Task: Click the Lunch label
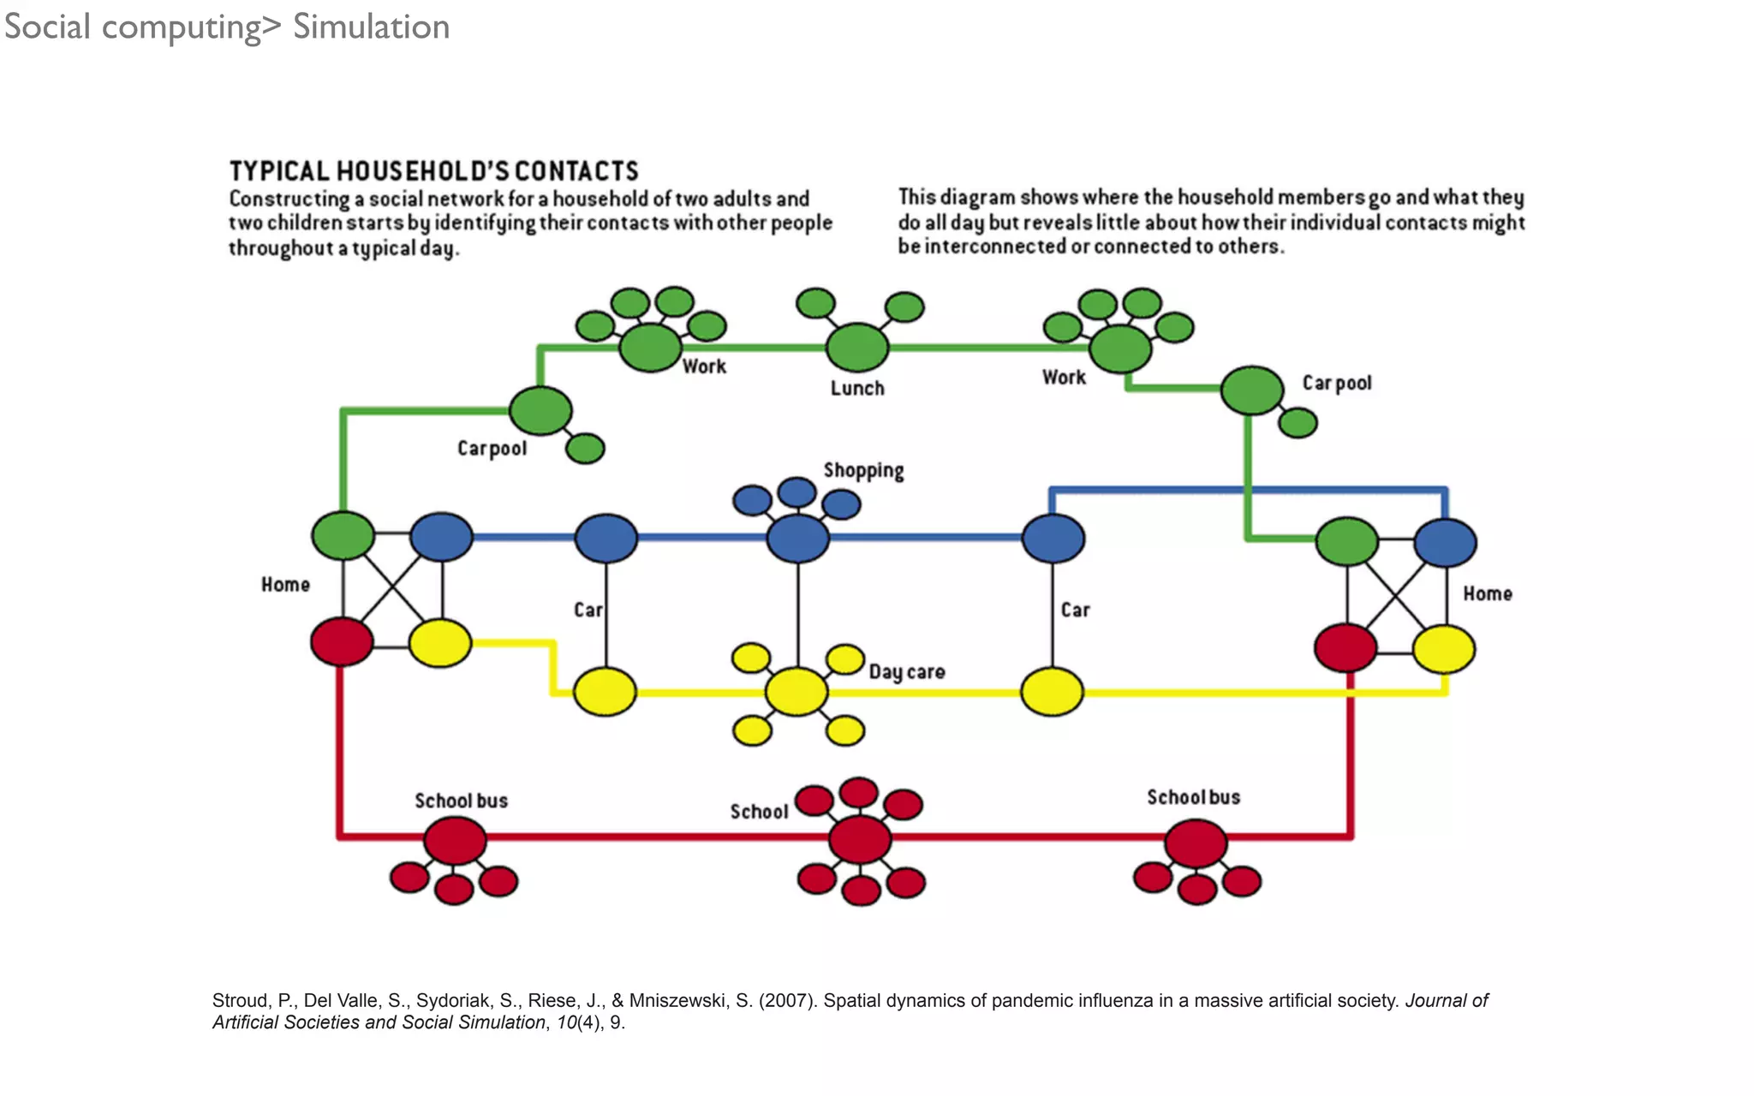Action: [856, 388]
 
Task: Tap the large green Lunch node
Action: [857, 347]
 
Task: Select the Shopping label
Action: [863, 470]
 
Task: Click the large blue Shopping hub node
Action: [797, 538]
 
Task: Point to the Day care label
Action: [906, 671]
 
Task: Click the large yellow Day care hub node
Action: [796, 692]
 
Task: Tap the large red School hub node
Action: [860, 838]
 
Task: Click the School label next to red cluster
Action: [759, 811]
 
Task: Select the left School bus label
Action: [461, 801]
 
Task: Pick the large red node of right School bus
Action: [1196, 843]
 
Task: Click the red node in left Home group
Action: [342, 641]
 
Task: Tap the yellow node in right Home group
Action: [1444, 649]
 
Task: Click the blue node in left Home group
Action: [441, 537]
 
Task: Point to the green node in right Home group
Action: [1346, 541]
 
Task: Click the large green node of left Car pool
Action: [540, 410]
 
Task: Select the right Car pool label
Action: [1336, 383]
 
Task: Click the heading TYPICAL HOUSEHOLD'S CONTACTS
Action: [433, 171]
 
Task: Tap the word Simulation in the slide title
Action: [371, 27]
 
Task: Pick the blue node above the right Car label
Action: [1053, 539]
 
